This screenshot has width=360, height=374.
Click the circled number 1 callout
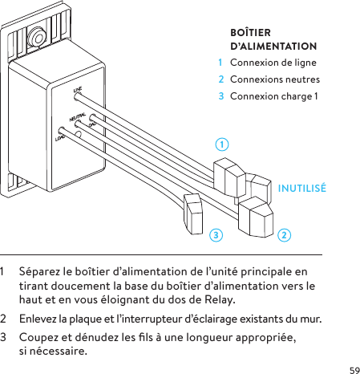tap(221, 144)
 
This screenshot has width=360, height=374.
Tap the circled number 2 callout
tap(285, 235)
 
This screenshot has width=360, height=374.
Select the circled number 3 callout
tap(215, 235)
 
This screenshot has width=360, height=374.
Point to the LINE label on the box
tap(79, 90)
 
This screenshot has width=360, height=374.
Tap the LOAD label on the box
tap(59, 138)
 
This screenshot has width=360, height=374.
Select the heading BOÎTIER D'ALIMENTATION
tap(272, 40)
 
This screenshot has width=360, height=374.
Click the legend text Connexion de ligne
tap(273, 63)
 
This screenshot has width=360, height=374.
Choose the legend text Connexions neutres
tap(274, 79)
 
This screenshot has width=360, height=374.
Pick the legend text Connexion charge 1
tap(273, 96)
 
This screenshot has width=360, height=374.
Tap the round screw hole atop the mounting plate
tap(37, 37)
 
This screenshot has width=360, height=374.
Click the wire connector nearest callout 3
tap(195, 212)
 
